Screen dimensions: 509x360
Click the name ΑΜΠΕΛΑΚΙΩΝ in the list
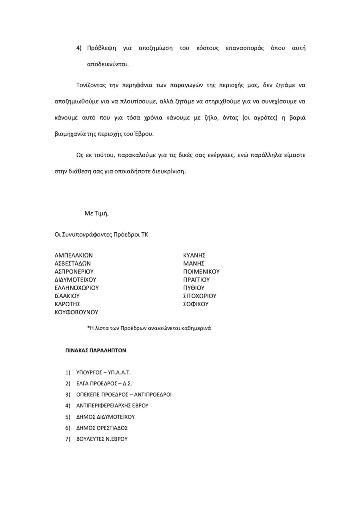click(x=74, y=255)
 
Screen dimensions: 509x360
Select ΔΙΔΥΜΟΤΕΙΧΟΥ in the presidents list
click(x=75, y=279)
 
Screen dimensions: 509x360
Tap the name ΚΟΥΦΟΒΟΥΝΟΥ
click(x=76, y=312)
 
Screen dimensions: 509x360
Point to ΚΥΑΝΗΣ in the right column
click(x=194, y=255)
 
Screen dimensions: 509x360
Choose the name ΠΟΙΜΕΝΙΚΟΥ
click(x=201, y=271)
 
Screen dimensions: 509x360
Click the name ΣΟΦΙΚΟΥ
click(x=196, y=304)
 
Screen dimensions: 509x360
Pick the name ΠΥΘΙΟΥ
click(x=194, y=287)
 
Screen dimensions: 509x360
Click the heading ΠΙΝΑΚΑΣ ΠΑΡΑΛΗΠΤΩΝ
click(x=96, y=350)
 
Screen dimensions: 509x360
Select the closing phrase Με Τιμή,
click(x=96, y=213)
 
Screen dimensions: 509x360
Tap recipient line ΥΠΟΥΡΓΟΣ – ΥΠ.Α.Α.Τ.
click(x=103, y=372)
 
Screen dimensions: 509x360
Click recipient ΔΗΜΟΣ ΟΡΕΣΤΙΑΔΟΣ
click(x=102, y=427)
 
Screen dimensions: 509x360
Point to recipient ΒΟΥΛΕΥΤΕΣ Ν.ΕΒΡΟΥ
click(x=102, y=439)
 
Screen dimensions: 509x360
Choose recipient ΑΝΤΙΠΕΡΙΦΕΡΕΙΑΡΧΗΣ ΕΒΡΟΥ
click(x=112, y=405)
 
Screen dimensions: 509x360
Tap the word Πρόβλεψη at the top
click(x=102, y=48)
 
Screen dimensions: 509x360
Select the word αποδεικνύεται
click(x=108, y=64)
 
